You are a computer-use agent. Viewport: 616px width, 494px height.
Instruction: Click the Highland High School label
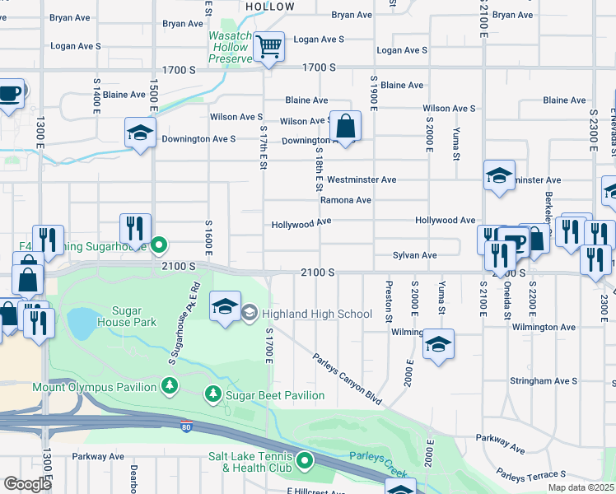(316, 314)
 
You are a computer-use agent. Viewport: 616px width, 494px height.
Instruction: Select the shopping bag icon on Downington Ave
(346, 127)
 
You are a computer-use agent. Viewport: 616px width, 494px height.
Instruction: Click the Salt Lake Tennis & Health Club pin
(305, 459)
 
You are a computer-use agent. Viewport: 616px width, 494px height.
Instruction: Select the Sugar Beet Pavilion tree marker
(213, 395)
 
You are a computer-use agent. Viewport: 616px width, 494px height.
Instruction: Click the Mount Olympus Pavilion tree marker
(170, 386)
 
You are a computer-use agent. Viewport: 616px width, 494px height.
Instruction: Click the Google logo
(27, 483)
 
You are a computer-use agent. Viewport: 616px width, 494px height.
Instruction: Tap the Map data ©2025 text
(579, 487)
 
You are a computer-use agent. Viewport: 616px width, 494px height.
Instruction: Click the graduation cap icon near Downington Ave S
(140, 132)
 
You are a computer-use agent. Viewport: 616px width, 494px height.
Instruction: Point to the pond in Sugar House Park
(82, 324)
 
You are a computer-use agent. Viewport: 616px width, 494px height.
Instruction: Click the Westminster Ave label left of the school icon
(362, 179)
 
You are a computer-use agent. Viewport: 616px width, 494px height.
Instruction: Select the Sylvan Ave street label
(414, 255)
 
